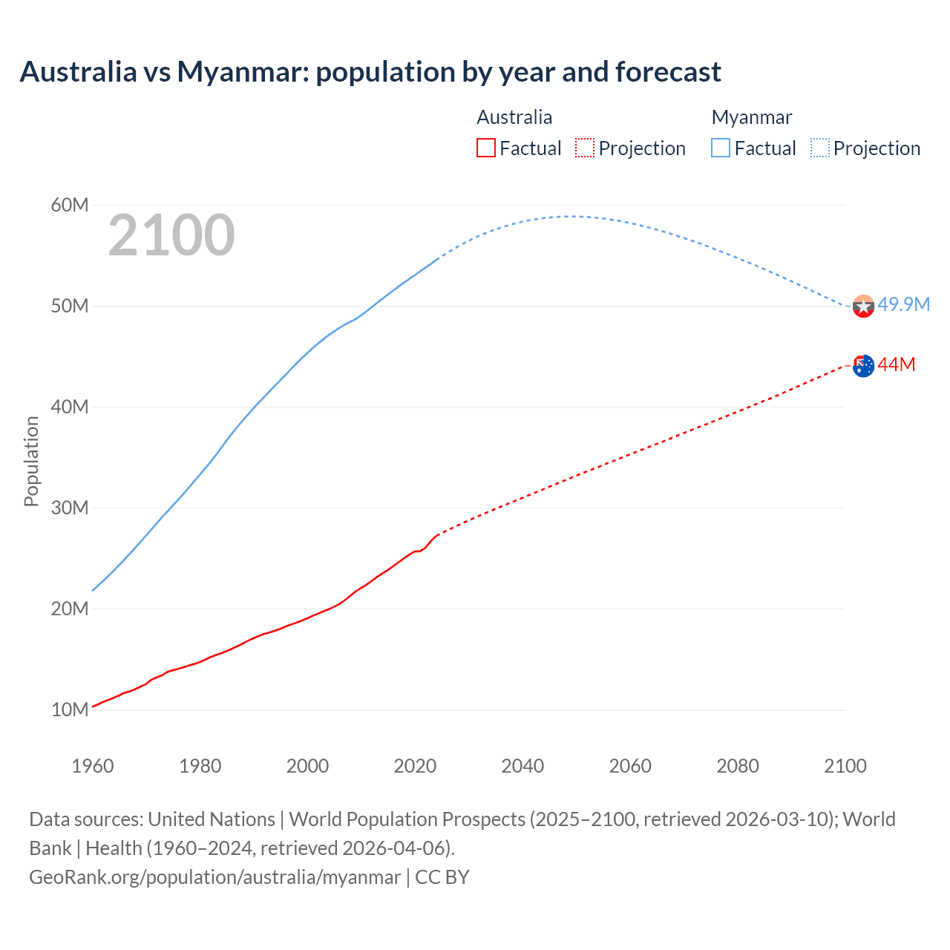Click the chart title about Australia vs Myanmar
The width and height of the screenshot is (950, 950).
tap(370, 72)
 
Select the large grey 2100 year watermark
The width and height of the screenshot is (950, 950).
tap(171, 235)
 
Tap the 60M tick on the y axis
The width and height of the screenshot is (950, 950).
tap(70, 205)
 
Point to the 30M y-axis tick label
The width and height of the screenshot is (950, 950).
tap(70, 508)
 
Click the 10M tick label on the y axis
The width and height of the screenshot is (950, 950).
tap(70, 710)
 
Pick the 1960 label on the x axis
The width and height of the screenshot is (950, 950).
tap(93, 766)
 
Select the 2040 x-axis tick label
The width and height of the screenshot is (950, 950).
tap(522, 766)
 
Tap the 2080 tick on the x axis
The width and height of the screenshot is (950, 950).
tap(738, 766)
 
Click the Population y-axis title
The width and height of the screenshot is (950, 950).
tap(31, 461)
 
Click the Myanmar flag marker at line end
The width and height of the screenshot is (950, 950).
tap(863, 306)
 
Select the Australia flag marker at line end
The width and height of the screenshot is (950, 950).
tap(863, 365)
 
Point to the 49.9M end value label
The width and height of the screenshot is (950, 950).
tap(903, 305)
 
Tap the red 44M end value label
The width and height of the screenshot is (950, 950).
tap(897, 364)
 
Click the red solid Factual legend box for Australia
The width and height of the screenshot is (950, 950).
tap(486, 148)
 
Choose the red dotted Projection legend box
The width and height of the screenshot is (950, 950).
tap(585, 148)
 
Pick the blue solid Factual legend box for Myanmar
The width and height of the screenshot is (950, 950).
tap(721, 148)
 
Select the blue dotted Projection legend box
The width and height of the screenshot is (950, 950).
tap(820, 148)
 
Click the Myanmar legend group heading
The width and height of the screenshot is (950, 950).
tap(752, 117)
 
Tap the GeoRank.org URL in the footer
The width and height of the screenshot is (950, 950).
tap(214, 877)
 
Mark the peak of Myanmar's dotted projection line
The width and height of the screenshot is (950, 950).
tap(571, 216)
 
